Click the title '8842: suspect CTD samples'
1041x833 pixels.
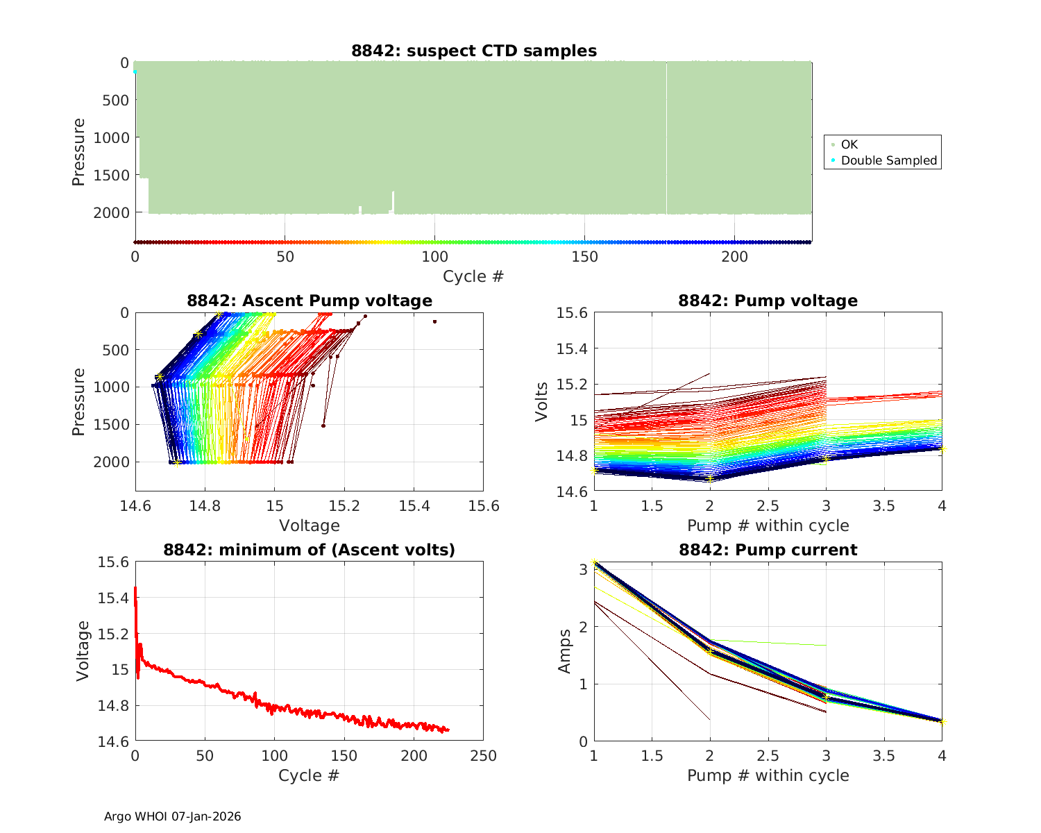pos(474,51)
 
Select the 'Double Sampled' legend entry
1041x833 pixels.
pos(888,160)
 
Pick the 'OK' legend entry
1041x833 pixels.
pos(849,144)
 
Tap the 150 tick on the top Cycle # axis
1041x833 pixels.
pos(584,257)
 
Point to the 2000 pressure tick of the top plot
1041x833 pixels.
pos(111,212)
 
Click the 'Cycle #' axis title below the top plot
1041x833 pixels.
pos(473,276)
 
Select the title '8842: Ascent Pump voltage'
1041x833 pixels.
pos(310,301)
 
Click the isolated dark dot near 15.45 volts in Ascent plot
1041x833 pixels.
pos(434,321)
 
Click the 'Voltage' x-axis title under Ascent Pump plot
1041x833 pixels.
pos(310,525)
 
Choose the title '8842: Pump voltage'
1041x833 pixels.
pos(768,301)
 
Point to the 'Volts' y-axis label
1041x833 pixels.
pos(542,402)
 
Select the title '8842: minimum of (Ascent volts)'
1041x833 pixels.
pos(310,550)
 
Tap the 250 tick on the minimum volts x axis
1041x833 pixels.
pos(483,755)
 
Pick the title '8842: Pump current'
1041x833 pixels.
pos(768,550)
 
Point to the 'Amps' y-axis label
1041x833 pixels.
pos(565,651)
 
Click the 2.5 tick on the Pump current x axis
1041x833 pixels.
pos(768,755)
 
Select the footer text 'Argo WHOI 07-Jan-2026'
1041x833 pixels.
pos(172,816)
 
